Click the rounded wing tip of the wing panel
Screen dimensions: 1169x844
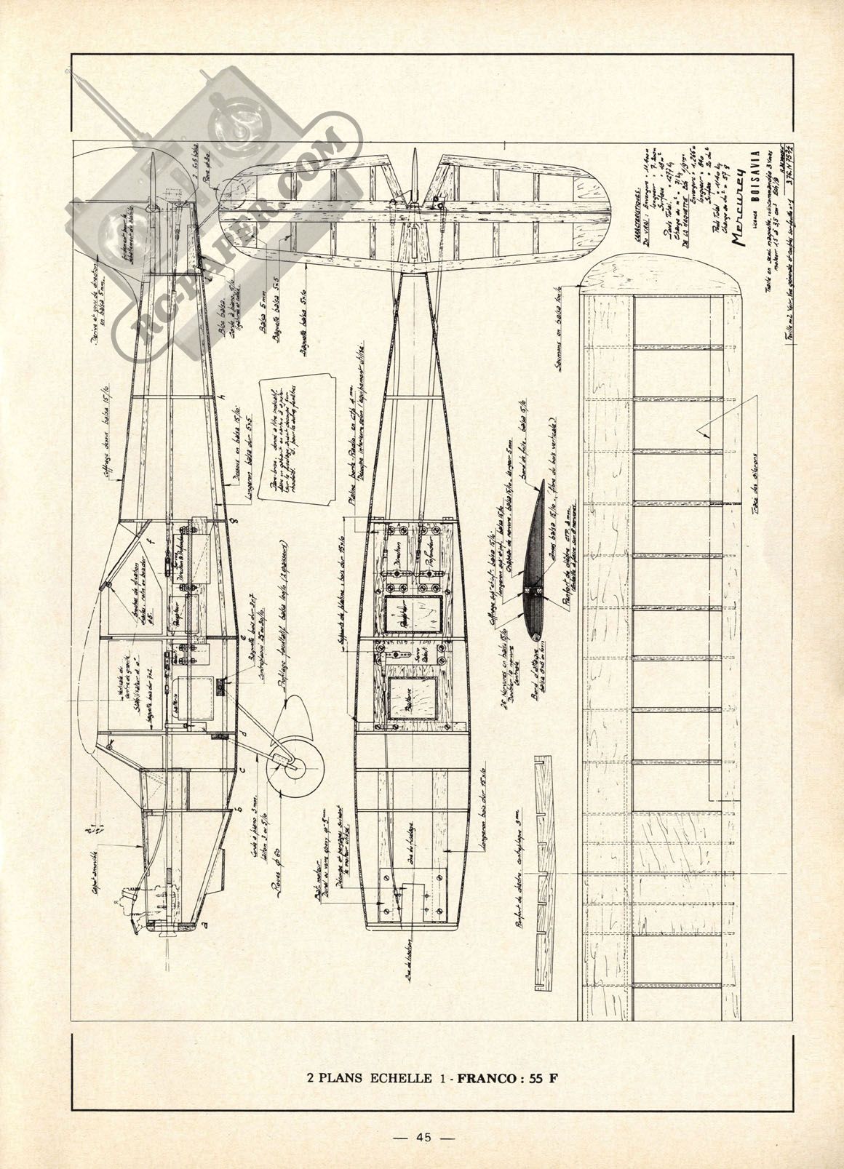(x=664, y=269)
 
